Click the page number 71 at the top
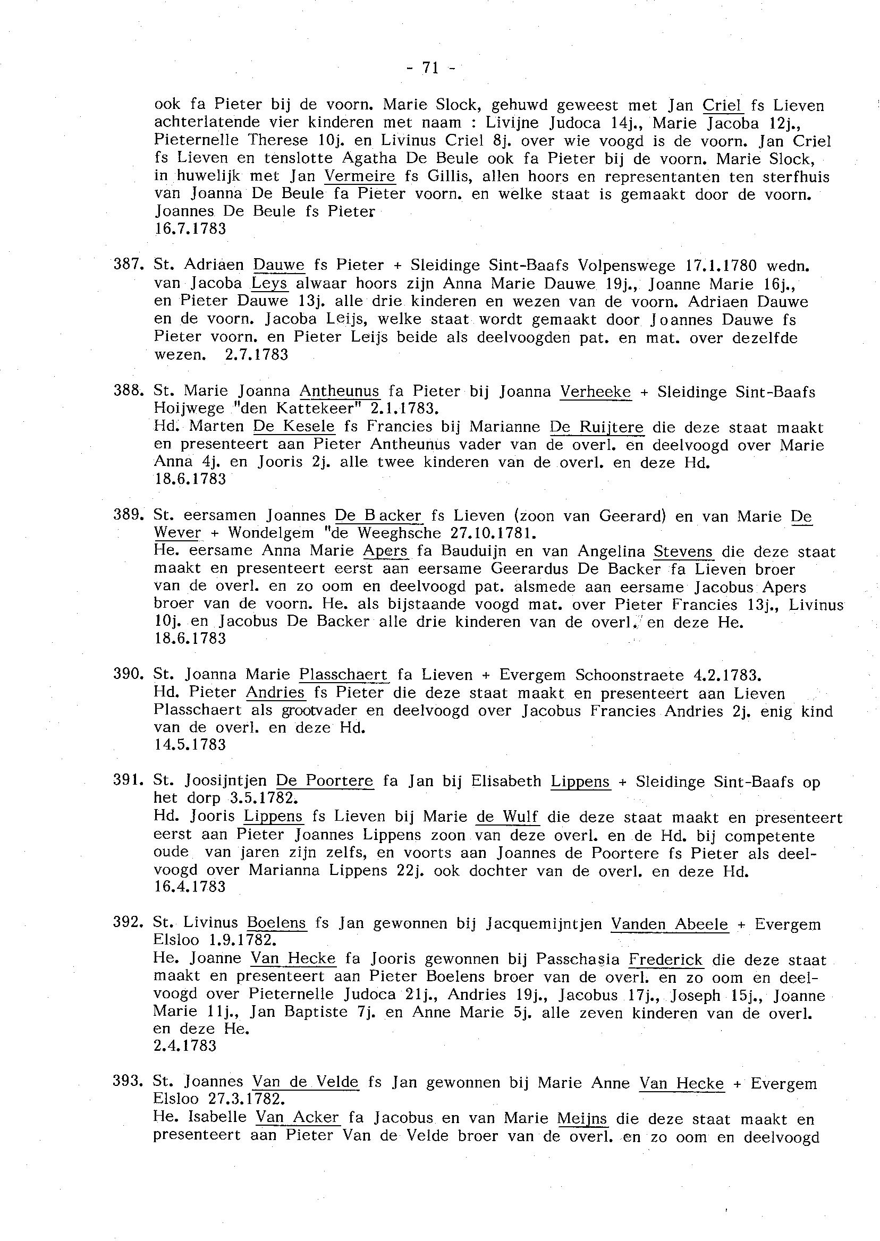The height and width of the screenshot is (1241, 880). point(430,67)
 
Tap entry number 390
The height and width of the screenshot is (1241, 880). point(128,674)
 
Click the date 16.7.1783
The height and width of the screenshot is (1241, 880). point(190,229)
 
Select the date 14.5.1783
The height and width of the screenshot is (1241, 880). point(190,745)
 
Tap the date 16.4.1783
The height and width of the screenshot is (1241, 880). point(190,887)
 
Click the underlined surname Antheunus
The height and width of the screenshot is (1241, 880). point(339,391)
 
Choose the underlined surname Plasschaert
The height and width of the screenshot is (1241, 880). point(343,675)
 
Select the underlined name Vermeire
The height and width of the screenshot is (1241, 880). point(360,176)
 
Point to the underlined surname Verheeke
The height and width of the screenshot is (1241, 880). point(596,392)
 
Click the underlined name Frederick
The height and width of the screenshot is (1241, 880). point(665,960)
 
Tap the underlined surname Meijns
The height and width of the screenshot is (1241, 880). point(582,1119)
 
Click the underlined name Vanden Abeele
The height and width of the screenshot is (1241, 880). point(669,924)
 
